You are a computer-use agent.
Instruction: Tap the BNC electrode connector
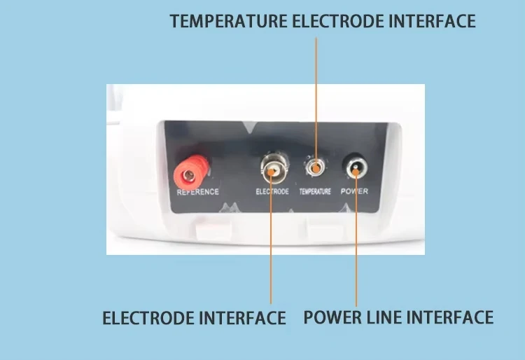(272, 167)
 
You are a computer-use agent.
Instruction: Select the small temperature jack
(316, 167)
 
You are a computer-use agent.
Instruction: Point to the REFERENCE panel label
(198, 191)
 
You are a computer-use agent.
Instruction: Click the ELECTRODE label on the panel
(272, 191)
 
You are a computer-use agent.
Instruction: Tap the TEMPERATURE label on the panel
(315, 191)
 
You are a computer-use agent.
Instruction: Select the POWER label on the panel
(354, 191)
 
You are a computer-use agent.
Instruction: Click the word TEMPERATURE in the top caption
(228, 21)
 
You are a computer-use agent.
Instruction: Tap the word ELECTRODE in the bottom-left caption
(148, 318)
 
